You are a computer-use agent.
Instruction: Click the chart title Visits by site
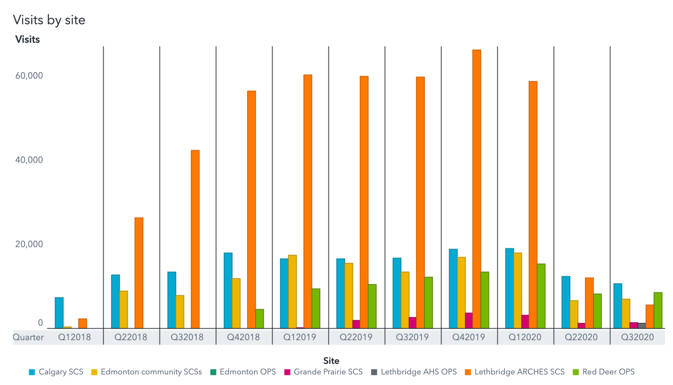click(49, 20)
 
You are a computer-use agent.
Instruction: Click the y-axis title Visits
click(28, 39)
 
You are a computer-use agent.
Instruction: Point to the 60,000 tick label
click(29, 76)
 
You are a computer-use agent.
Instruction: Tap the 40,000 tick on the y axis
click(29, 160)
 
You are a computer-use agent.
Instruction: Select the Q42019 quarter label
click(469, 337)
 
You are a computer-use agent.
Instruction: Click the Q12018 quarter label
click(74, 337)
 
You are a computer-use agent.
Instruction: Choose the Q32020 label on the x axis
click(637, 337)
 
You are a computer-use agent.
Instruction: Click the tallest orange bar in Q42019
click(476, 189)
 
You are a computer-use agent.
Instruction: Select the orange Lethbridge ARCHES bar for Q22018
click(139, 273)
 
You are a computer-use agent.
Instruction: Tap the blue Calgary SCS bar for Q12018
click(59, 313)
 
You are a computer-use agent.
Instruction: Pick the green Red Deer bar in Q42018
click(259, 319)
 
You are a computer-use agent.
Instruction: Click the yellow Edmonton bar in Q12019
click(292, 291)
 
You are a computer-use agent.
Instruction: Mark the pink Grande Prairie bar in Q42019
click(468, 320)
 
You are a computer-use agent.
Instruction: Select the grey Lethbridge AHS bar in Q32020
click(642, 326)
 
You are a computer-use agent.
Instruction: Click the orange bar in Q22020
click(589, 303)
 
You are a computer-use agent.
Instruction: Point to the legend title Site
click(331, 361)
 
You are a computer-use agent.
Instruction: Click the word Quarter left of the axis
click(28, 337)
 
